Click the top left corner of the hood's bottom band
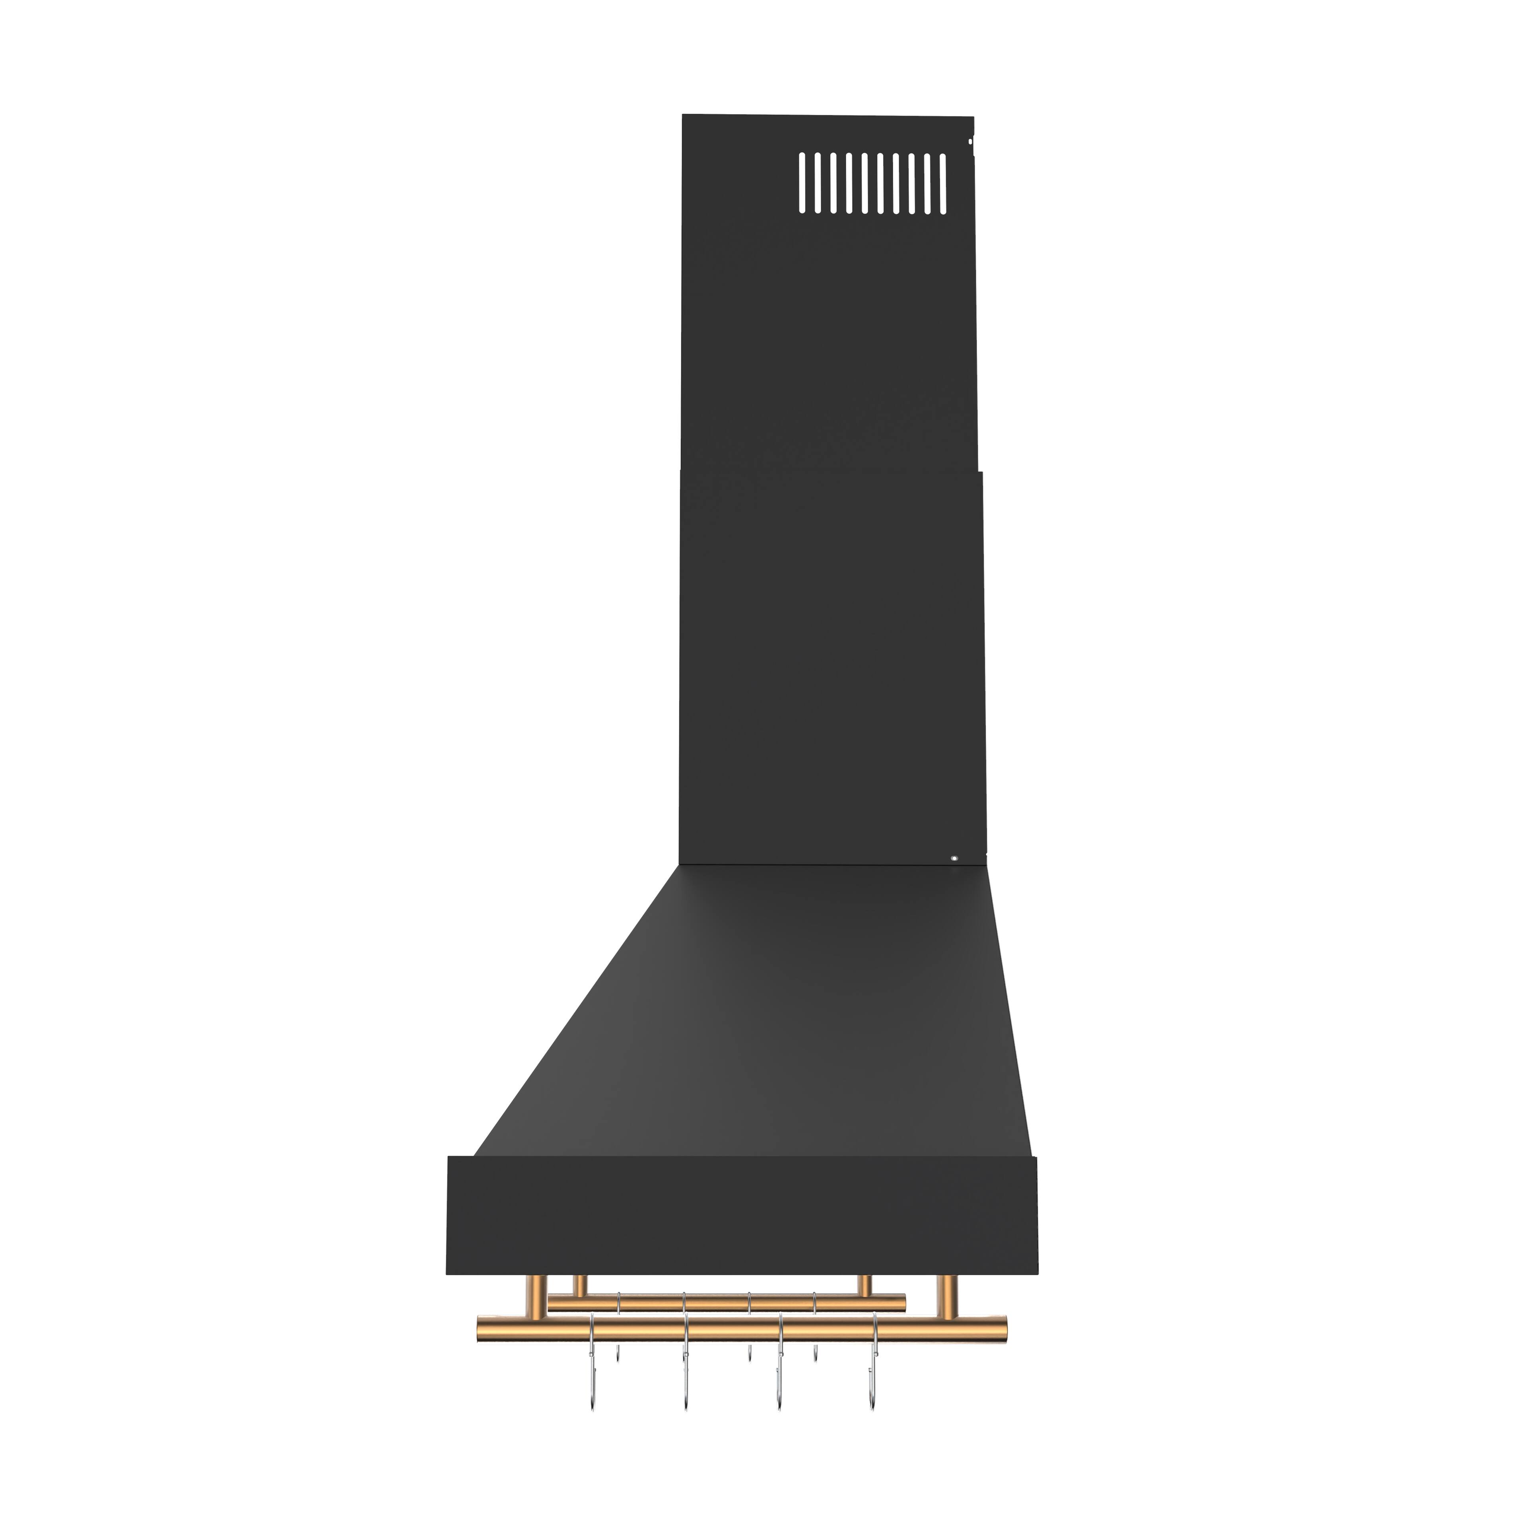(x=450, y=1159)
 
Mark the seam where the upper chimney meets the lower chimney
(x=830, y=472)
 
